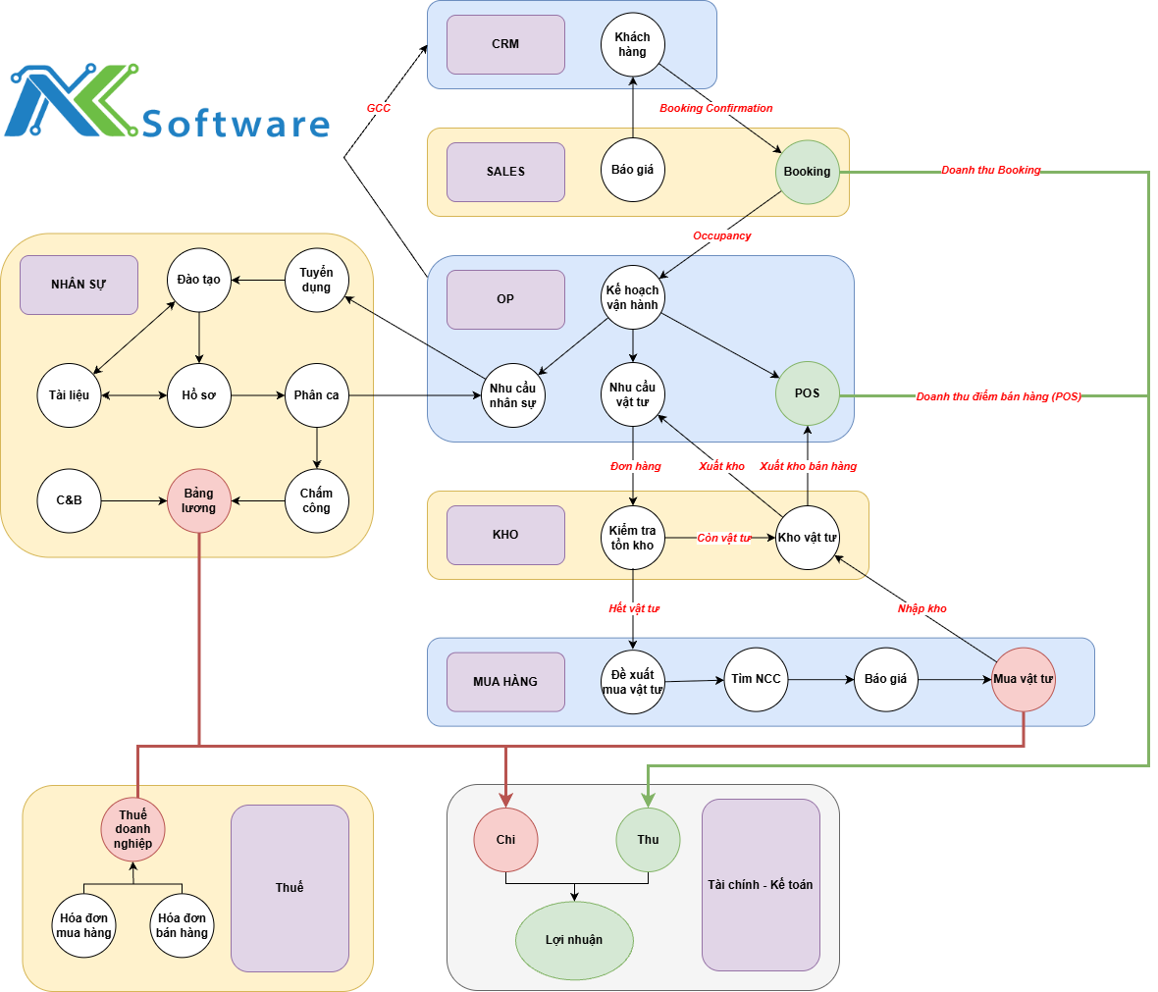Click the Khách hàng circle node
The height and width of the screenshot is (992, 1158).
coord(633,45)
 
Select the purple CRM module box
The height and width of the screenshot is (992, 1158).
coord(505,44)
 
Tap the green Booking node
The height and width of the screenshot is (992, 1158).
coord(808,172)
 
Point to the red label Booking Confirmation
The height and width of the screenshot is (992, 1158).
coord(715,108)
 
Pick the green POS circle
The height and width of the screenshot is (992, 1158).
coord(808,393)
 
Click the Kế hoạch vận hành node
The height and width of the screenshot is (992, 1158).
coord(632,297)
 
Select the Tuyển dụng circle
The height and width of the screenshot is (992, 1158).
coord(316,281)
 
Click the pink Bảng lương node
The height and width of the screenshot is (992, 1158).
coord(199,500)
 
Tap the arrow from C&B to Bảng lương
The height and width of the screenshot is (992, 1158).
coord(133,500)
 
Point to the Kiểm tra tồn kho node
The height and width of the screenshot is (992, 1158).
coord(632,538)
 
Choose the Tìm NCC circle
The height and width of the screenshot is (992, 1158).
coord(756,679)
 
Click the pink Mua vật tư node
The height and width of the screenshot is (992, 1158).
coord(1024,679)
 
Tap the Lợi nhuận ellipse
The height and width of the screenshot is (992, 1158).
coord(574,940)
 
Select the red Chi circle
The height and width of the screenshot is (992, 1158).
coord(505,840)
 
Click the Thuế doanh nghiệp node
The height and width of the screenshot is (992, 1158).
coord(133,829)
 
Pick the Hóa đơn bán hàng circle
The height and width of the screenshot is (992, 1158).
coord(183,925)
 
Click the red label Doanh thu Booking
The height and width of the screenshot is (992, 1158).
coord(990,170)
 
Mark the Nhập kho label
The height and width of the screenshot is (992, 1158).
coord(921,608)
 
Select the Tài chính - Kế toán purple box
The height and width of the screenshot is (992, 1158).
coord(761,884)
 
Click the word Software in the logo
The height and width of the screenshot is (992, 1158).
coord(236,124)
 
